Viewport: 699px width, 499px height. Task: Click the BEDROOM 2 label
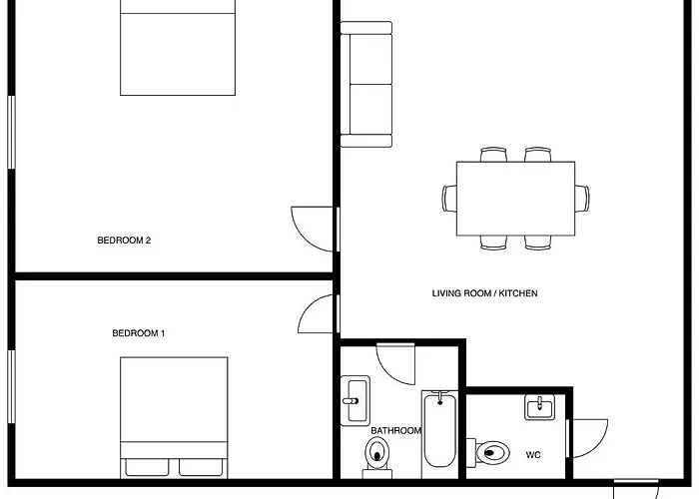tap(124, 241)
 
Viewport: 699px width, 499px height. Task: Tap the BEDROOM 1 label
tap(139, 333)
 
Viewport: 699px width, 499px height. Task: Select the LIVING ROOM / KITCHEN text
tap(484, 293)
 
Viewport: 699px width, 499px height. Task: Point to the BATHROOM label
tap(395, 430)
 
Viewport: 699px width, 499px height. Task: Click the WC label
tap(533, 455)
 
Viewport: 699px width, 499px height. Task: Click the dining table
tap(516, 199)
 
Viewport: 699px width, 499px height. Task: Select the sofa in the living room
tap(366, 84)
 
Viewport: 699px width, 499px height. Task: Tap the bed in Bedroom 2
tap(178, 47)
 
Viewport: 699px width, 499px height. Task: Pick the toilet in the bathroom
tap(377, 457)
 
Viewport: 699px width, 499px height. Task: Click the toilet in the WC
tap(488, 453)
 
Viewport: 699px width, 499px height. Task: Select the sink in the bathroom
tap(355, 400)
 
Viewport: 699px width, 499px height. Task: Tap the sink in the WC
tap(539, 407)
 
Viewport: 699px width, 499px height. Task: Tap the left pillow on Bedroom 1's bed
tap(147, 467)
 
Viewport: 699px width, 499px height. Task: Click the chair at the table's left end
tap(449, 199)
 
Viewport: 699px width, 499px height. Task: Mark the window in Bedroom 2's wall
tap(12, 133)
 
